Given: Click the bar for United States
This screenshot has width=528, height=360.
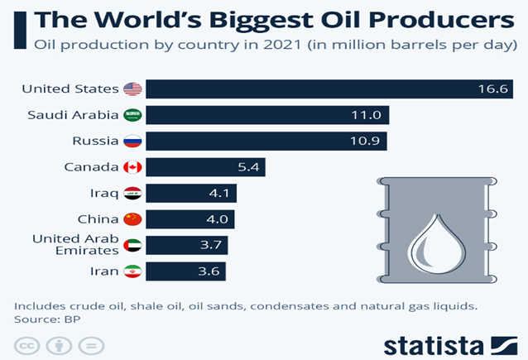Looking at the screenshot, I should click(x=331, y=89).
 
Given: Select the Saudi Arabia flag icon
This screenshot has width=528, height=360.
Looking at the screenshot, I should click(x=132, y=115).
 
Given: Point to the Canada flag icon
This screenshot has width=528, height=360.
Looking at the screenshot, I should click(x=132, y=167).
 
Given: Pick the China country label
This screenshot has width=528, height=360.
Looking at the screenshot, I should click(x=98, y=219).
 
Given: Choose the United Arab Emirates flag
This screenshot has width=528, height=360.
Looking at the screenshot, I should click(x=132, y=246).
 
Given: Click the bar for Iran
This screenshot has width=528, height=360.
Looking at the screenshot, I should click(x=190, y=271).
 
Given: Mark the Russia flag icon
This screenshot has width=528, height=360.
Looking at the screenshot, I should click(x=132, y=142).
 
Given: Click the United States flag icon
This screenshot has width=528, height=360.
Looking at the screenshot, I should click(x=132, y=89).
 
